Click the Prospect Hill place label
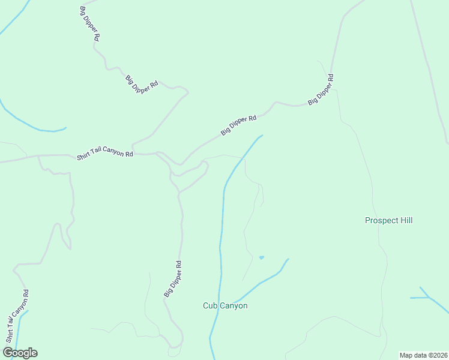pos(388,220)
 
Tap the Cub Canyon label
pos(225,305)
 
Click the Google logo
pos(20,353)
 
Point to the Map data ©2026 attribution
pos(423,355)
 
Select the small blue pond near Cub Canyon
pos(261,257)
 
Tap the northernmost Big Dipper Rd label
pos(89,23)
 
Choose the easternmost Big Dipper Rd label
pos(321,89)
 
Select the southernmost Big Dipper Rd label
pos(173,278)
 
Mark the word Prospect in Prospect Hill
pos(381,220)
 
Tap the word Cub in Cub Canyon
pos(210,305)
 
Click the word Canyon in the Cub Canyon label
pos(234,305)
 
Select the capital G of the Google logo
pos(8,353)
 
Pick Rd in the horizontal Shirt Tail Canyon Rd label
pos(129,154)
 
